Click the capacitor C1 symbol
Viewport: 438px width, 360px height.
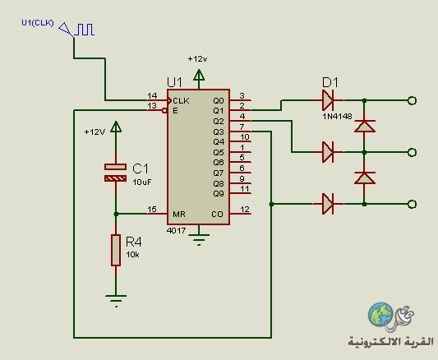pyautogui.click(x=115, y=173)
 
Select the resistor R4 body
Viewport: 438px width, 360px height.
pyautogui.click(x=116, y=250)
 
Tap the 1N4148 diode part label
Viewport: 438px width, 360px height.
pyautogui.click(x=337, y=117)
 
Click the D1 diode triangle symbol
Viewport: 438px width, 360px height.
pyautogui.click(x=328, y=100)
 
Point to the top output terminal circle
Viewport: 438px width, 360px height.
pyautogui.click(x=412, y=100)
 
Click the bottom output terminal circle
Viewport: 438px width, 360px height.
pyautogui.click(x=412, y=204)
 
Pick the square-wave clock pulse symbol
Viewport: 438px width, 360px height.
pyautogui.click(x=85, y=30)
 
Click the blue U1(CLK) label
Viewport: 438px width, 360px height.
pyautogui.click(x=38, y=23)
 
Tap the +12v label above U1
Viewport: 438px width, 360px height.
pyautogui.click(x=197, y=59)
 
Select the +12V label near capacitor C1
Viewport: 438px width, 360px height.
pyautogui.click(x=95, y=132)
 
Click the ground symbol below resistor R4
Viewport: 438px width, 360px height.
pyautogui.click(x=116, y=301)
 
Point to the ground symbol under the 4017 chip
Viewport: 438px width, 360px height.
pyautogui.click(x=199, y=240)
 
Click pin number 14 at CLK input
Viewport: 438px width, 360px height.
pyautogui.click(x=152, y=96)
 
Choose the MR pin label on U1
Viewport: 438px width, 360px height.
pyautogui.click(x=179, y=215)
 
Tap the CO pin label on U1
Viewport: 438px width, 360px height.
pyautogui.click(x=217, y=215)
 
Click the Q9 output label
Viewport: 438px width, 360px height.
pyautogui.click(x=219, y=193)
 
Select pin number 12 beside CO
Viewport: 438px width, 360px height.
pyautogui.click(x=245, y=210)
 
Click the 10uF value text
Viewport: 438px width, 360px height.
pyautogui.click(x=142, y=182)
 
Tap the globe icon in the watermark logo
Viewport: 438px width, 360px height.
pyautogui.click(x=380, y=315)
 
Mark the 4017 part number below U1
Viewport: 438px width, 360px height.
pyautogui.click(x=176, y=231)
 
